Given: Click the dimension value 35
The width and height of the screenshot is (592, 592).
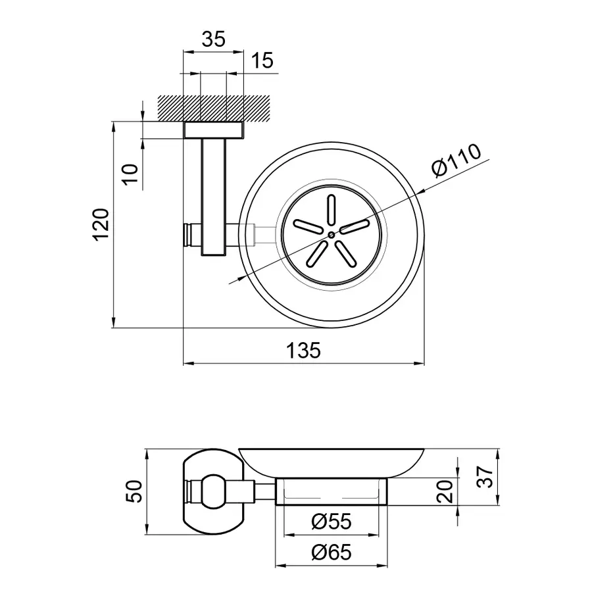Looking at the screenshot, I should point(212,39).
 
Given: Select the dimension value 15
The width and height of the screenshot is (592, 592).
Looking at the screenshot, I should point(262,61).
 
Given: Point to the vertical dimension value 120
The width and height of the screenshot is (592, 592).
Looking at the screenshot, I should point(100,225).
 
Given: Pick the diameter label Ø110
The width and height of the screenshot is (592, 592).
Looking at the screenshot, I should point(458,160).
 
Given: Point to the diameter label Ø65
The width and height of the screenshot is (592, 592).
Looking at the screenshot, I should point(332,553).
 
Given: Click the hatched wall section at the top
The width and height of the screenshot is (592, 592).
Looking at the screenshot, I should point(214,107).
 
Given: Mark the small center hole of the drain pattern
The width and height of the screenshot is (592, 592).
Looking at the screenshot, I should point(331,234).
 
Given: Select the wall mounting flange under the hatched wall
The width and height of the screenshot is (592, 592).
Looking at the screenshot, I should point(213,130).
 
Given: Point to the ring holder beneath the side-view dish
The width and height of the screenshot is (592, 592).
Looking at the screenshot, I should point(332,492).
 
